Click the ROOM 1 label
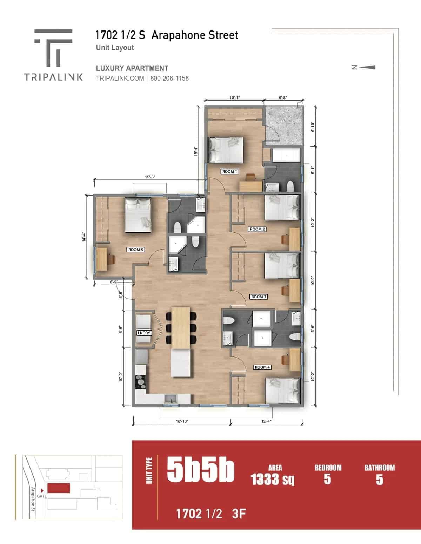230,171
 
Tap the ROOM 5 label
136,250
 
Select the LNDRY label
144,333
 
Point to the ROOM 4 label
262,367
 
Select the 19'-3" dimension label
150,177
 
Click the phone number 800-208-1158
169,78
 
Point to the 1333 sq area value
273,479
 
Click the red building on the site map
59,488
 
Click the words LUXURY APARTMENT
132,68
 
